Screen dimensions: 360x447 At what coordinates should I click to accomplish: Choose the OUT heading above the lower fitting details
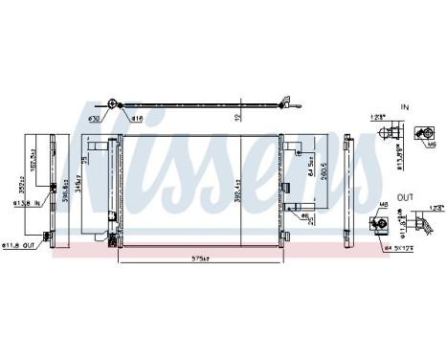pos(407,195)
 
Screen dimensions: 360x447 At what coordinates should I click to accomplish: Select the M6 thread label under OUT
pos(381,205)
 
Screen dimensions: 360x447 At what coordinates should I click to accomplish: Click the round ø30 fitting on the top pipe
pos(112,103)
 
